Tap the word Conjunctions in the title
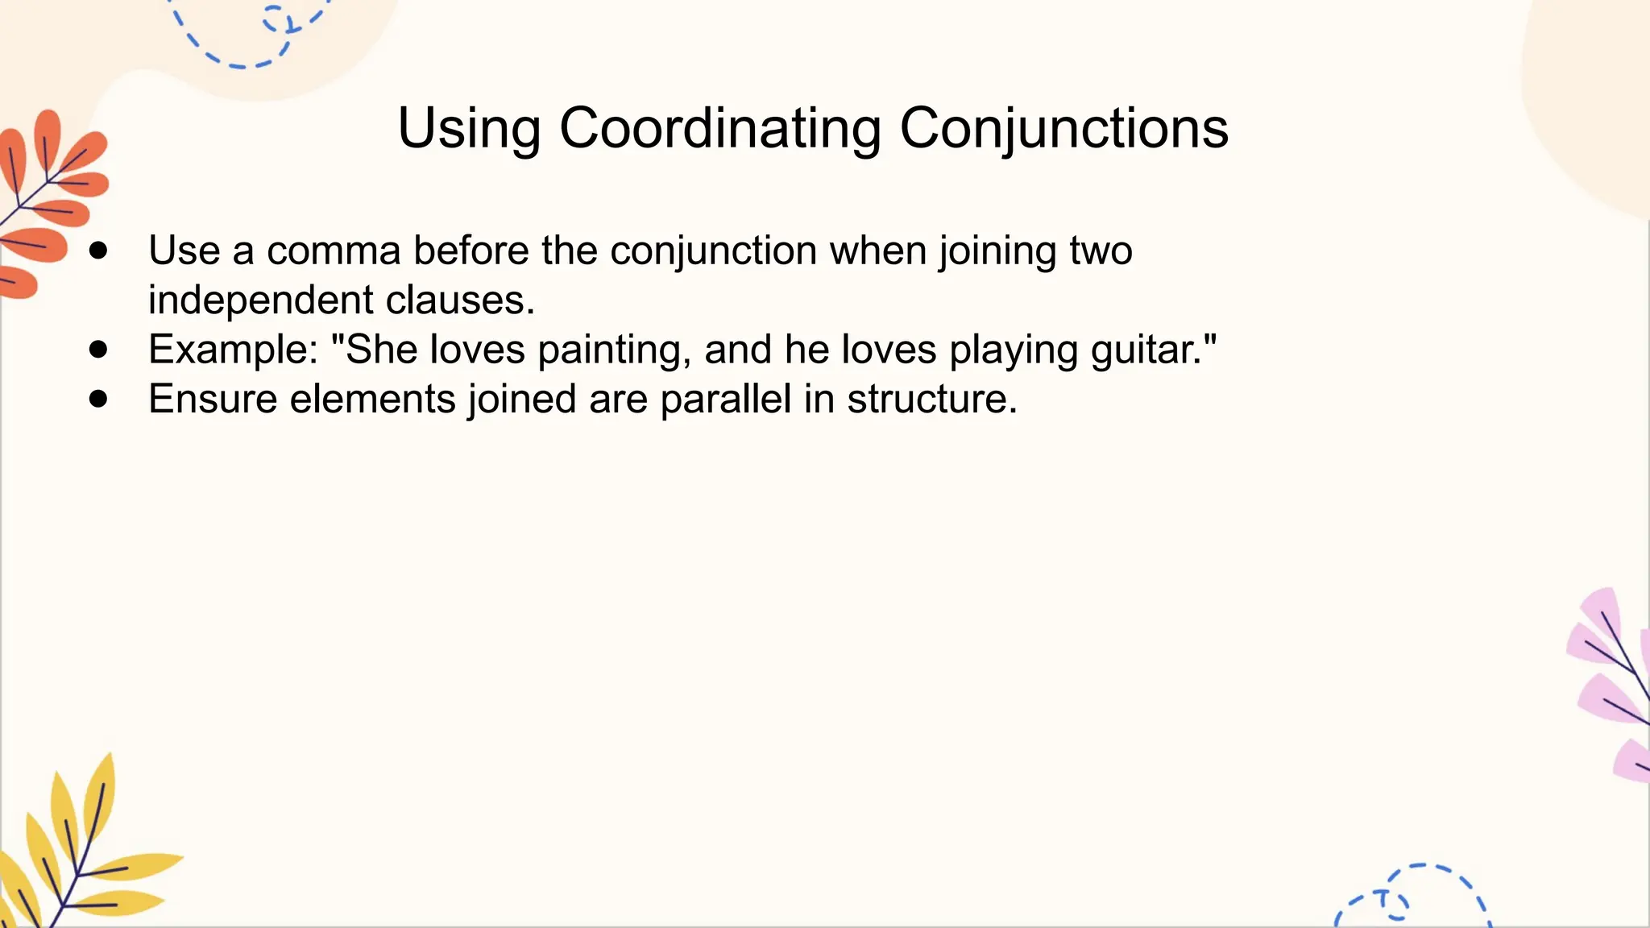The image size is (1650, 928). pyautogui.click(x=1063, y=129)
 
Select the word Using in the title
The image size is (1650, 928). pyautogui.click(x=469, y=129)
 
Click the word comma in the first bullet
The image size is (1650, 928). pyautogui.click(x=334, y=251)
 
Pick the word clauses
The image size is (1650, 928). pyautogui.click(x=460, y=300)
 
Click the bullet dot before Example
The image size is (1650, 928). pyautogui.click(x=99, y=350)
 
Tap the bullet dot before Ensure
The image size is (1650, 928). pyautogui.click(x=99, y=399)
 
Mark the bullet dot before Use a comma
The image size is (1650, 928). pyautogui.click(x=99, y=251)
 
